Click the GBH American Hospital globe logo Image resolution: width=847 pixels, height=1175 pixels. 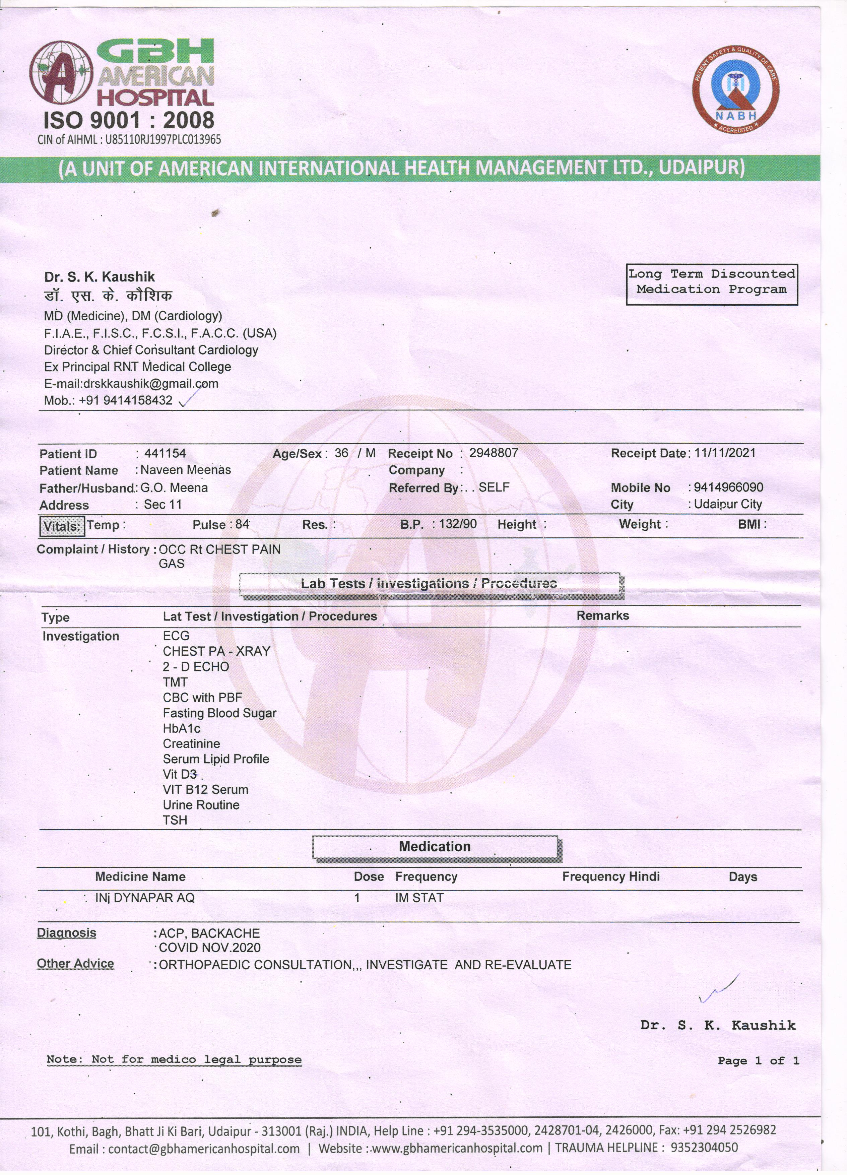pyautogui.click(x=61, y=72)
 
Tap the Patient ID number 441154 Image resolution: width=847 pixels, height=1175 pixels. pyautogui.click(x=165, y=453)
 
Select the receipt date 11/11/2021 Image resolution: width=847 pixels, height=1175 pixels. pyautogui.click(x=724, y=453)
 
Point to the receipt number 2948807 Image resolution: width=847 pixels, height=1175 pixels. pyautogui.click(x=493, y=453)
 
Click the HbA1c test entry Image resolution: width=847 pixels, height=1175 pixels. pyautogui.click(x=181, y=728)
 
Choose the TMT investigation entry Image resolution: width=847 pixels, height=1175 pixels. pyautogui.click(x=175, y=682)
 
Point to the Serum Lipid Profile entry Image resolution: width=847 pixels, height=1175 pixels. pyautogui.click(x=215, y=759)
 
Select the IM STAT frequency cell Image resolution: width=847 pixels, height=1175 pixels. pyautogui.click(x=419, y=898)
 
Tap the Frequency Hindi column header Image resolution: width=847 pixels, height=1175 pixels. pyautogui.click(x=611, y=876)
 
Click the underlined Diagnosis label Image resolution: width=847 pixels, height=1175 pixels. pyautogui.click(x=66, y=932)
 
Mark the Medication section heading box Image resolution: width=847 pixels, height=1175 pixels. pyautogui.click(x=435, y=847)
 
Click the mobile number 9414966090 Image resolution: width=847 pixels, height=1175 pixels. pyautogui.click(x=728, y=487)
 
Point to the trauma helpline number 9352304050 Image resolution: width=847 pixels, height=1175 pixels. pyautogui.click(x=704, y=1147)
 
